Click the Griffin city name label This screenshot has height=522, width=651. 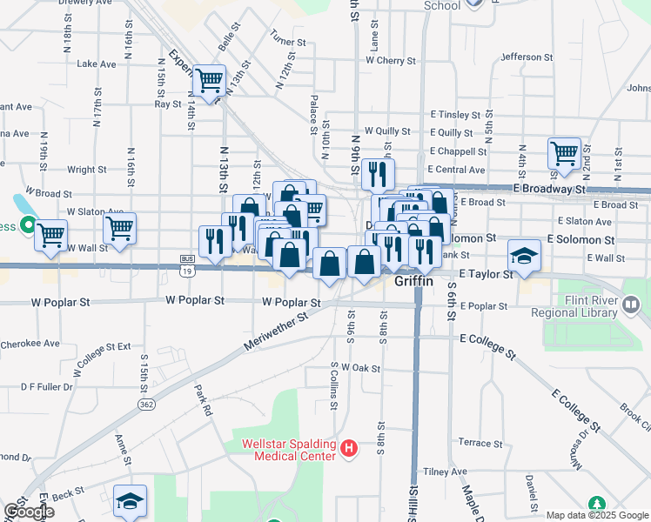[413, 281]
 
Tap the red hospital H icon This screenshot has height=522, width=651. [349, 449]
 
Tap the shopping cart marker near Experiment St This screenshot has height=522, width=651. [210, 80]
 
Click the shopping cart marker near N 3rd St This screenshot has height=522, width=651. [565, 154]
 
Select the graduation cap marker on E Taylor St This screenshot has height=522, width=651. [524, 255]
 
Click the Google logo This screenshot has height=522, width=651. [28, 512]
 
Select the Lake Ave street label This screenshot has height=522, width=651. [97, 64]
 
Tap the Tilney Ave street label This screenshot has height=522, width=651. [446, 472]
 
